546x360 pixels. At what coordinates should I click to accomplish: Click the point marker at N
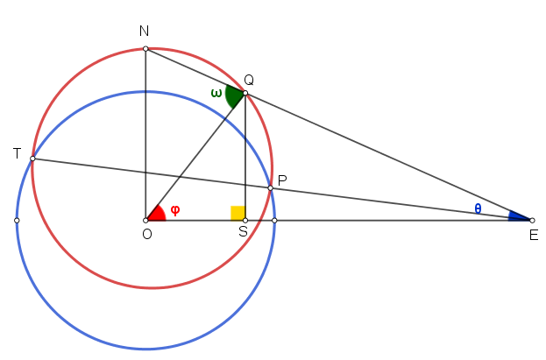(x=145, y=49)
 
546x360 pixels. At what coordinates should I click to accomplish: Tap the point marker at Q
(x=245, y=93)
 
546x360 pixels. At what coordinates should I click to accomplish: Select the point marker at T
(x=32, y=159)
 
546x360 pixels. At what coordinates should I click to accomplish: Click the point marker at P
(x=271, y=188)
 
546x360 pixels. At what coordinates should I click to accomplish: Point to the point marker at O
(x=145, y=221)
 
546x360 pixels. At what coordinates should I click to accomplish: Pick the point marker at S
(x=245, y=221)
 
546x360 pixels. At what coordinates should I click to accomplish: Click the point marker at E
(x=532, y=221)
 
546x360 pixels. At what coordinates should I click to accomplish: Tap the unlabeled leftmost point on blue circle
(x=17, y=221)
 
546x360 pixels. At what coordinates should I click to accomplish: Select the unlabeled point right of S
(x=274, y=221)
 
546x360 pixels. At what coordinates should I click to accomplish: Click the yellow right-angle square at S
(x=238, y=213)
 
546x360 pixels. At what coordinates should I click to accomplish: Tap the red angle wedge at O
(x=156, y=214)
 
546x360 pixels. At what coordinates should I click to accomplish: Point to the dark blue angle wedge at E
(x=519, y=216)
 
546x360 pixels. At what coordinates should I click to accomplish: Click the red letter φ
(x=175, y=210)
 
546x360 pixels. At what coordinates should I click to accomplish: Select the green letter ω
(x=216, y=94)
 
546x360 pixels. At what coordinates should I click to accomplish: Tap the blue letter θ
(x=478, y=208)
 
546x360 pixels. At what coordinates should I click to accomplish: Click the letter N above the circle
(x=144, y=31)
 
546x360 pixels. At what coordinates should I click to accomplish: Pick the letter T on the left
(x=17, y=153)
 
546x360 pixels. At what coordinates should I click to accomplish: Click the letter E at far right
(x=534, y=236)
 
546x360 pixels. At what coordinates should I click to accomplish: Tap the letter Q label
(x=249, y=80)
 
